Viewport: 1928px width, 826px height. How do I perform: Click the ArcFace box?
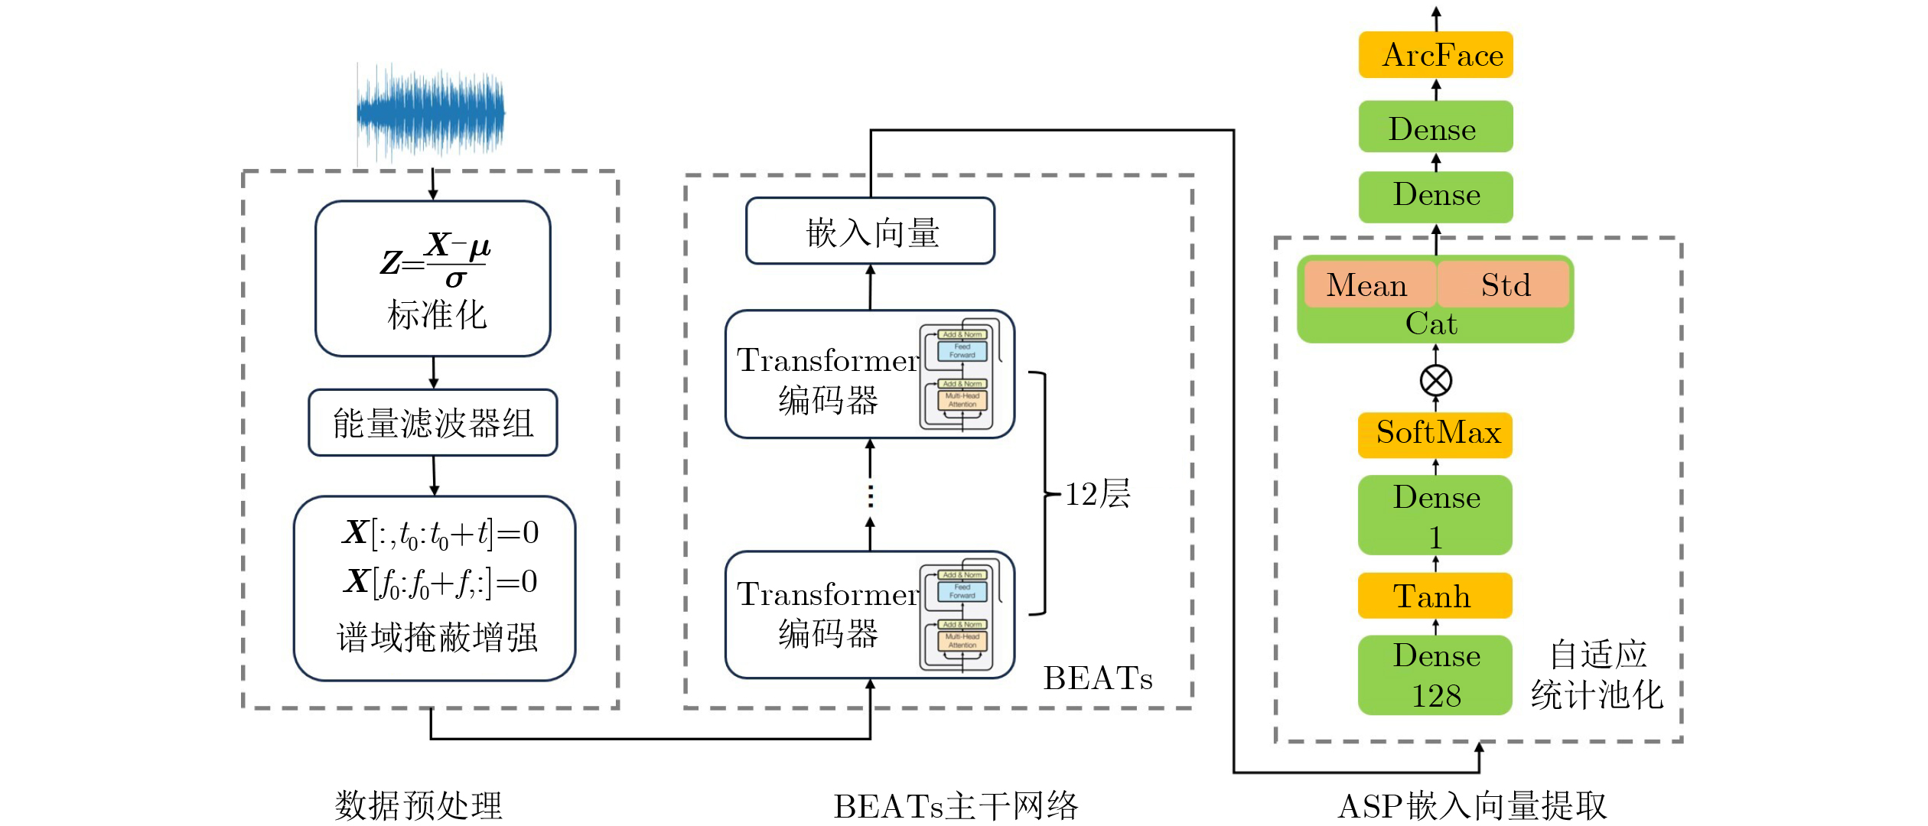[x=1435, y=55]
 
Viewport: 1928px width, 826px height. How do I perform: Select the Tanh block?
[x=1435, y=596]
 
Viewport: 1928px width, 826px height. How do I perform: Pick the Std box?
[x=1503, y=285]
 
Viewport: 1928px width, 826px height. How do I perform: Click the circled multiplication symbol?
[x=1435, y=380]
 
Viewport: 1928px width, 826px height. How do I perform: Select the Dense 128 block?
[x=1435, y=675]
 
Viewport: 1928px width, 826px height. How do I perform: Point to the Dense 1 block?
[x=1435, y=515]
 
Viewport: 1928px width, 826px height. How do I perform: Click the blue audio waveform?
[x=431, y=113]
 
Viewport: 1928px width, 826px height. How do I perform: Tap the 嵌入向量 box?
[x=870, y=231]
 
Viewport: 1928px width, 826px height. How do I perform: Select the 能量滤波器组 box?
[x=433, y=423]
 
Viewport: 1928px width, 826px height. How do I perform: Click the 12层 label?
[x=1097, y=494]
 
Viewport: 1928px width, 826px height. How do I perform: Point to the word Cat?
[x=1431, y=324]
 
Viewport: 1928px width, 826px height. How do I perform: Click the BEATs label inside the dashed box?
[x=1097, y=678]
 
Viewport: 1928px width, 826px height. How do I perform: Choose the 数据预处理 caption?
[x=418, y=805]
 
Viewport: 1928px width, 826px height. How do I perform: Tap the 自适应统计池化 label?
[x=1597, y=675]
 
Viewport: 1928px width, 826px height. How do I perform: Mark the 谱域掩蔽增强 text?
[x=437, y=637]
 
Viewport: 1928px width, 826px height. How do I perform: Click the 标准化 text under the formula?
[x=436, y=314]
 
